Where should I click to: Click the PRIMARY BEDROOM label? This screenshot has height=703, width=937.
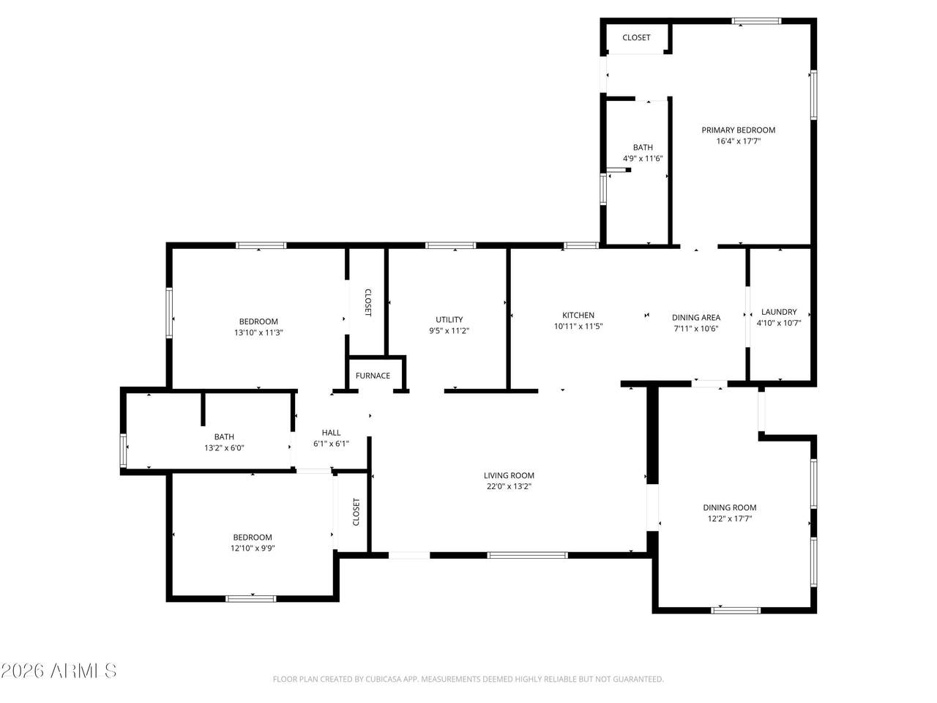click(x=738, y=130)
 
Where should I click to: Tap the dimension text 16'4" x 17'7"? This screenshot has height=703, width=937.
click(x=738, y=141)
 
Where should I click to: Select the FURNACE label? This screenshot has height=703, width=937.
click(x=373, y=376)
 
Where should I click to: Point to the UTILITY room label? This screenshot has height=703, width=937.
click(x=449, y=320)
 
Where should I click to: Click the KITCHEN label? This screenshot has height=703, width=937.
click(x=578, y=316)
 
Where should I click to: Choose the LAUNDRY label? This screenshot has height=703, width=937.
click(x=779, y=312)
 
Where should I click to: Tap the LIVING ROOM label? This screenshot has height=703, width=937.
click(x=509, y=475)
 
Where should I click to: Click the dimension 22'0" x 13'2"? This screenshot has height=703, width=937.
click(x=509, y=486)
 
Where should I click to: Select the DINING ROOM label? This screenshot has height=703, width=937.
click(x=730, y=507)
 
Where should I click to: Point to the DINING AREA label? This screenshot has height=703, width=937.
click(x=696, y=318)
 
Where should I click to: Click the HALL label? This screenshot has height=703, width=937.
click(x=332, y=433)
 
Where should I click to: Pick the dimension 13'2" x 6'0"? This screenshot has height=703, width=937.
click(x=224, y=447)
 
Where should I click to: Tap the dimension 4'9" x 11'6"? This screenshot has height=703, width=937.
click(x=643, y=158)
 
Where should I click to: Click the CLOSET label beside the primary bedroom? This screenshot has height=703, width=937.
click(x=636, y=37)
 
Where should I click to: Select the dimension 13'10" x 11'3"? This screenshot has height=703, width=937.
click(x=258, y=332)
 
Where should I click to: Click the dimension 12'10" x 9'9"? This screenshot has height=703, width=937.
click(x=253, y=548)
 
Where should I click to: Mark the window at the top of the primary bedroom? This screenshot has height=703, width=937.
click(x=756, y=21)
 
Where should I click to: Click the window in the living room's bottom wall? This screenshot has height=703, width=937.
click(x=527, y=555)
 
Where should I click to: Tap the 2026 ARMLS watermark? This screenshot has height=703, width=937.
click(x=59, y=671)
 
